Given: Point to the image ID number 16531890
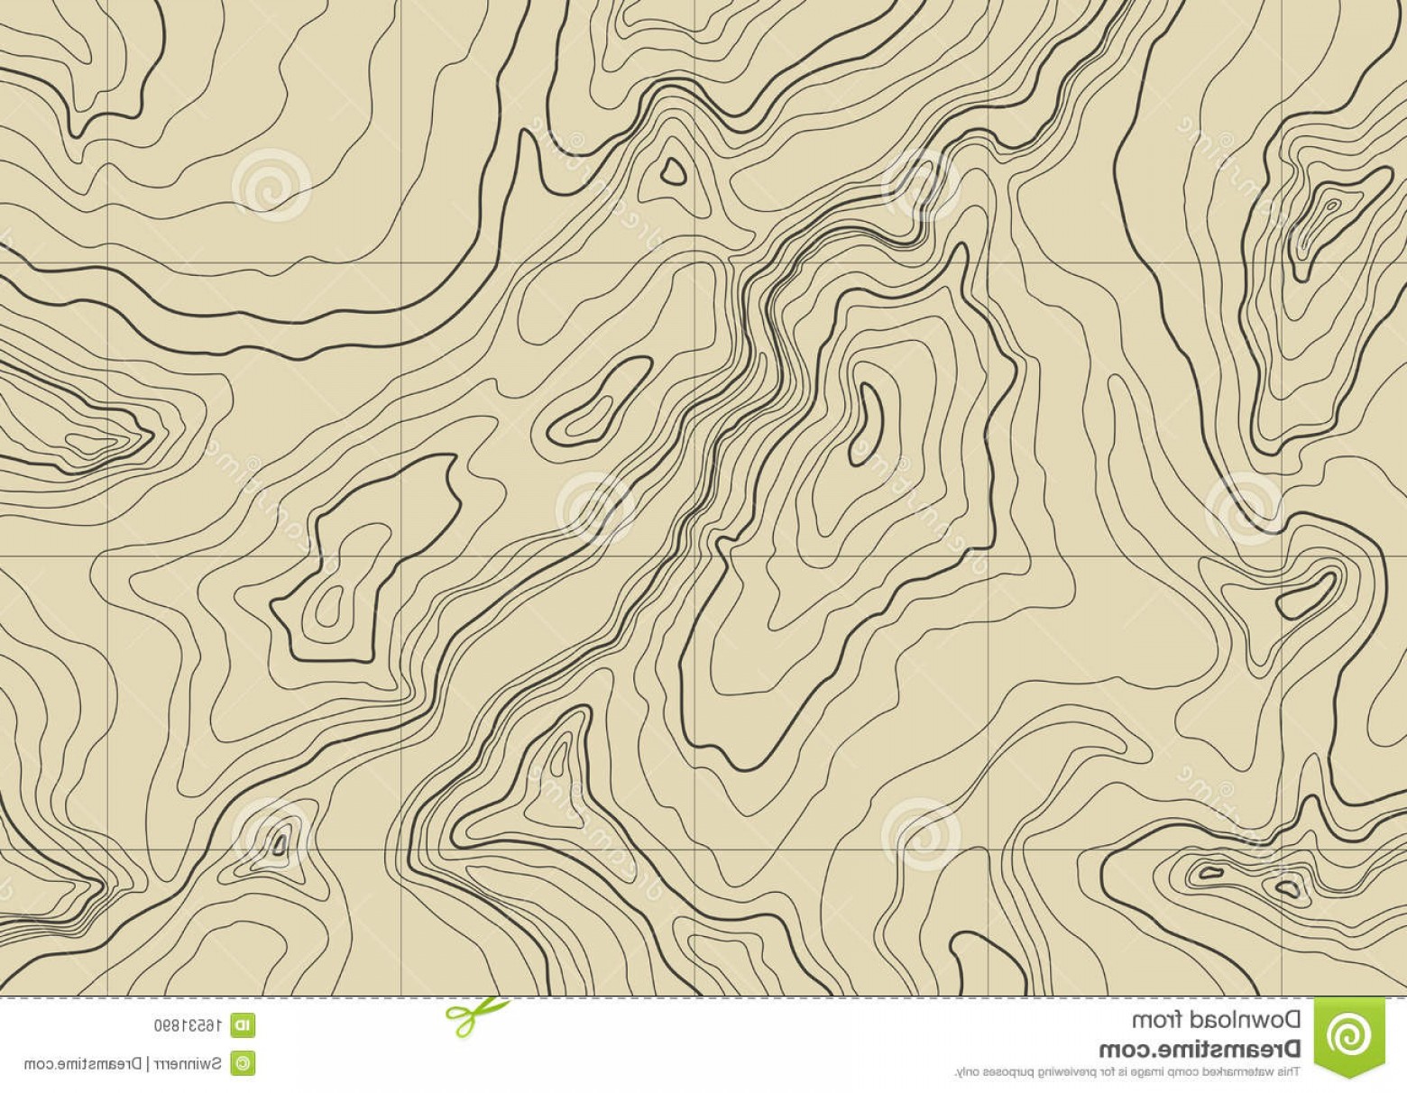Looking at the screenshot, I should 188,1024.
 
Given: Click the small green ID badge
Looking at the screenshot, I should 243,1024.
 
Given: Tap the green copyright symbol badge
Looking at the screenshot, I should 243,1061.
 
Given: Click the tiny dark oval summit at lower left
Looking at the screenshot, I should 280,844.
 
